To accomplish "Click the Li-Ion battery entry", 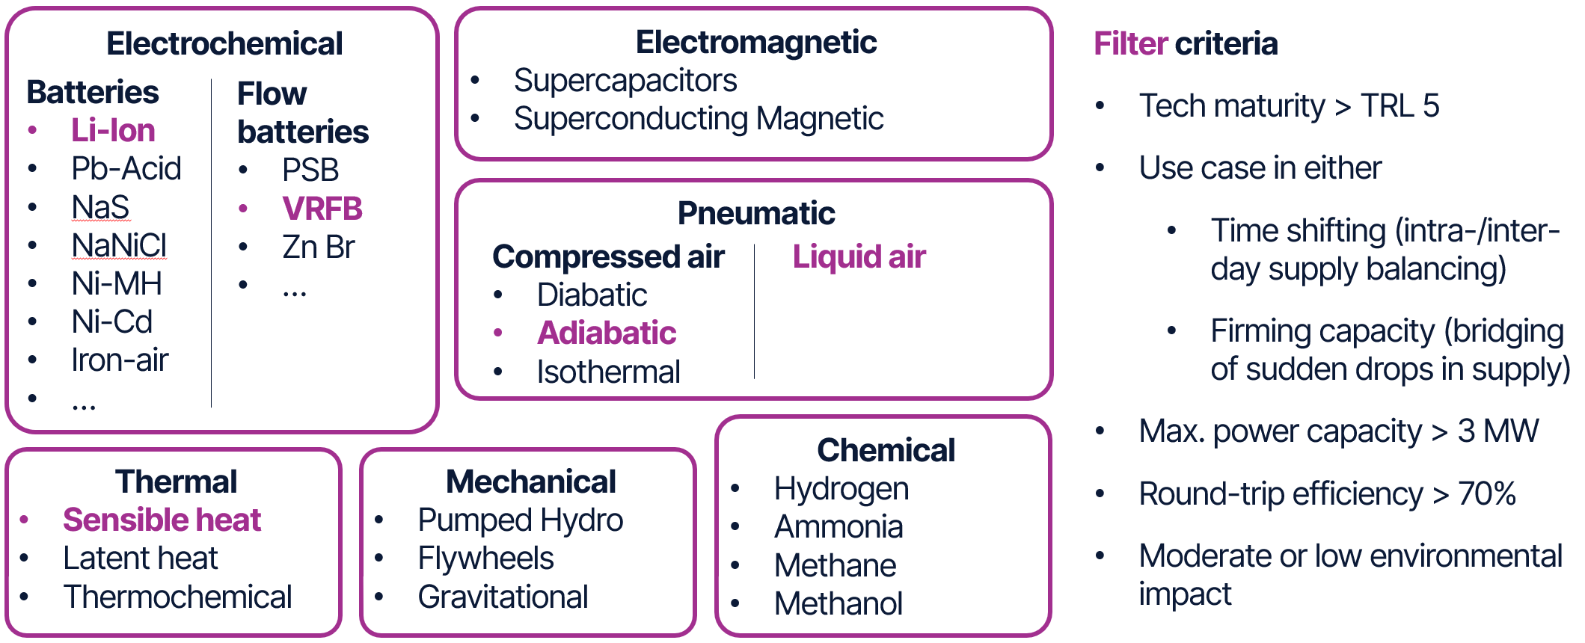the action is [113, 131].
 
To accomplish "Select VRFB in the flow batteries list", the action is [322, 209].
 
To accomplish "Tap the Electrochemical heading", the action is [224, 43].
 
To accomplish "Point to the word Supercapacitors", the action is [625, 81].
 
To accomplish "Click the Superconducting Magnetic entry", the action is [698, 119].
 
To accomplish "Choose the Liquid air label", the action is [859, 256].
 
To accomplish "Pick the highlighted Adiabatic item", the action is [606, 333].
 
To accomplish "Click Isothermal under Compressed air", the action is [608, 372].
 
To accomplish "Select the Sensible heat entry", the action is [162, 520].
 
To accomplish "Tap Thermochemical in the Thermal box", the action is [177, 597].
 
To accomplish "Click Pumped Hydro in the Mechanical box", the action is [520, 520].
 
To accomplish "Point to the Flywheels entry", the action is [485, 559].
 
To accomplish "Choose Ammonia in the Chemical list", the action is [839, 527].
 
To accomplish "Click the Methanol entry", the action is [839, 604].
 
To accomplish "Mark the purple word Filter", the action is [1129, 43].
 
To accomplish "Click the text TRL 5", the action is [1399, 106].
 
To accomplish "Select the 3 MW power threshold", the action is [1497, 431].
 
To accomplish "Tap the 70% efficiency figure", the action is [1487, 494].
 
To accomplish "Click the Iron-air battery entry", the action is [120, 360].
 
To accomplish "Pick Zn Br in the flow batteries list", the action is [318, 247].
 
